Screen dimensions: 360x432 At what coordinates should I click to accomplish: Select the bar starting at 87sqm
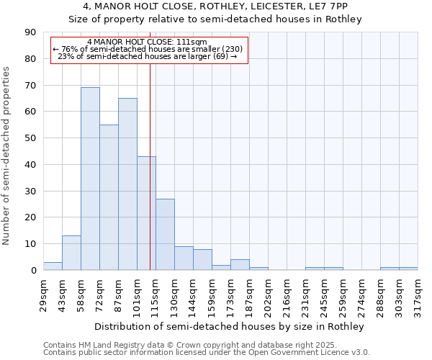coord(127,184)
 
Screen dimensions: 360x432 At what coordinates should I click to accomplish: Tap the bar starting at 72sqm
coord(109,197)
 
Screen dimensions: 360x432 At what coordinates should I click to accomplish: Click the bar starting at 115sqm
coord(165,234)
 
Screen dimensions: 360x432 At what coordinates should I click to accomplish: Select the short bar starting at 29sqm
coord(53,266)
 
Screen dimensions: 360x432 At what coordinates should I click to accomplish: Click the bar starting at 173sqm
coord(240,264)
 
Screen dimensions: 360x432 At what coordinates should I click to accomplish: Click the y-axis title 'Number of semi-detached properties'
coord(6,156)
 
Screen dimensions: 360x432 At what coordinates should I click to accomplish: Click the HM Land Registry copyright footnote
coord(184,346)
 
